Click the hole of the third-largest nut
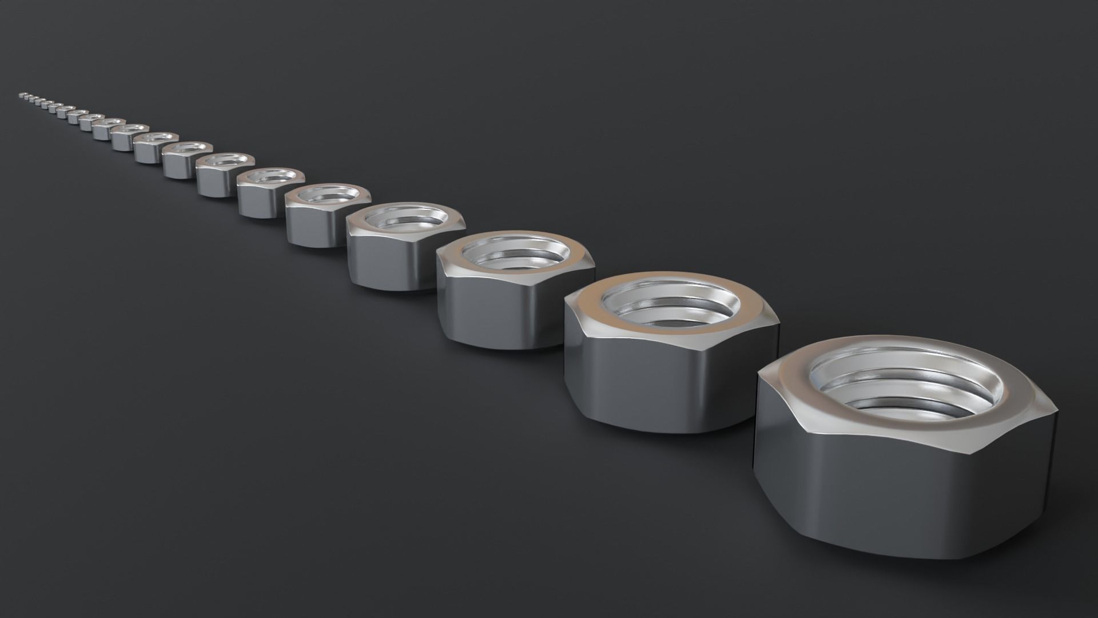coord(515,252)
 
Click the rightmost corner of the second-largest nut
coord(778,325)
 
